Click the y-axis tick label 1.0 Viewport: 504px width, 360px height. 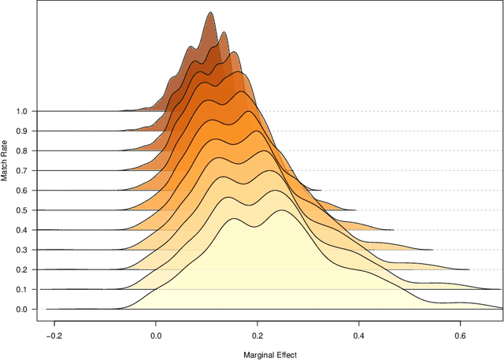(21, 111)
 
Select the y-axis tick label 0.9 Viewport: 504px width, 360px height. (21, 131)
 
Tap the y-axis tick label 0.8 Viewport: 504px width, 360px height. (21, 150)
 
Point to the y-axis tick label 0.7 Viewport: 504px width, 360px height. (21, 170)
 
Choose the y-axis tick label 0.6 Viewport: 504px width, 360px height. (21, 190)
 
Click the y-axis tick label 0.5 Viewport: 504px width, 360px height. (21, 210)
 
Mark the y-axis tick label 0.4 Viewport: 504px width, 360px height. (21, 229)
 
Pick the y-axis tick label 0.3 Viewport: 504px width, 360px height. (21, 250)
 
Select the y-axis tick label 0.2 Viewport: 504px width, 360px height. (21, 269)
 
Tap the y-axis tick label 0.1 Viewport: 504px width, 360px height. (21, 289)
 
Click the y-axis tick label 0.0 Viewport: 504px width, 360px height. (21, 309)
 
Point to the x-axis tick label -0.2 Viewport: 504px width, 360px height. (53, 334)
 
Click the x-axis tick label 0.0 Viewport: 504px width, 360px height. (155, 334)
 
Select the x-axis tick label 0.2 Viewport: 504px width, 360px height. (257, 334)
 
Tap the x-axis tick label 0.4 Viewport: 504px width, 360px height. (358, 334)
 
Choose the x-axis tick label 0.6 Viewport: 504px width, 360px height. (460, 334)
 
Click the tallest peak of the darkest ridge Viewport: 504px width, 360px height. (209, 13)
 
